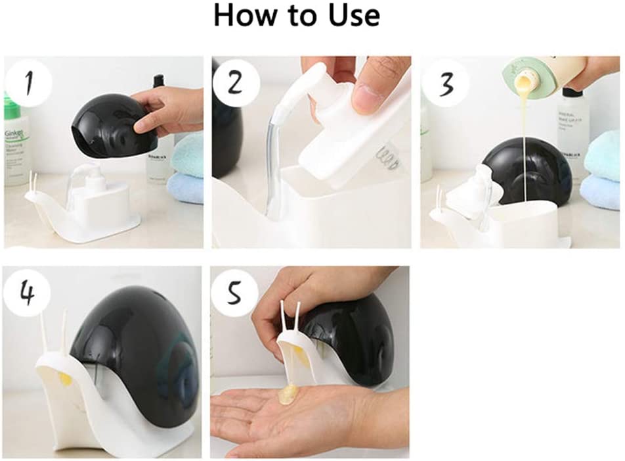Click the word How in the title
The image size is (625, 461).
[x=243, y=16]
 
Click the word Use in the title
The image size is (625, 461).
[x=353, y=16]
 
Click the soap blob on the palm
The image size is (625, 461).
[x=289, y=395]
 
